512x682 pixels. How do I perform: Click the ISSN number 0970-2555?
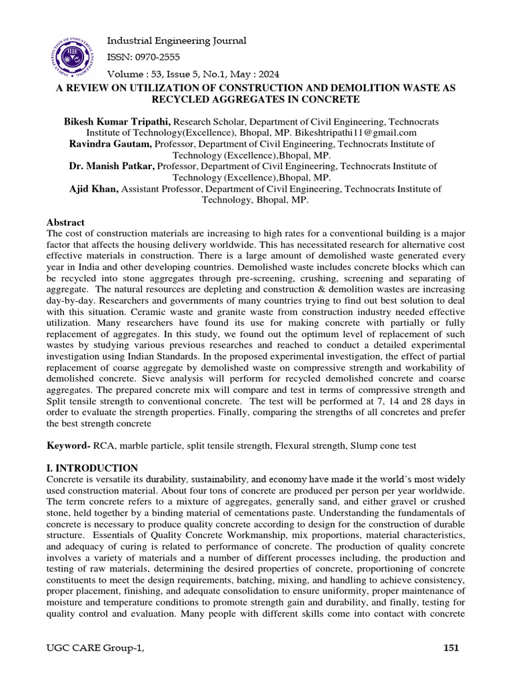(x=143, y=57)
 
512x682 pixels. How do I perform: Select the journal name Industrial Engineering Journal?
(x=177, y=41)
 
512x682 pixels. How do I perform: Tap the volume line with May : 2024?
(x=193, y=74)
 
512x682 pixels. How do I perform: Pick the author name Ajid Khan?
(x=94, y=189)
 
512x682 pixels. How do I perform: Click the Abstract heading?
(x=65, y=222)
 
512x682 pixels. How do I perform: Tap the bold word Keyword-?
(x=69, y=444)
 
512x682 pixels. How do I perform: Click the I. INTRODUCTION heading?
(x=92, y=468)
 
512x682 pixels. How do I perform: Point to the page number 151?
(x=451, y=647)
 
